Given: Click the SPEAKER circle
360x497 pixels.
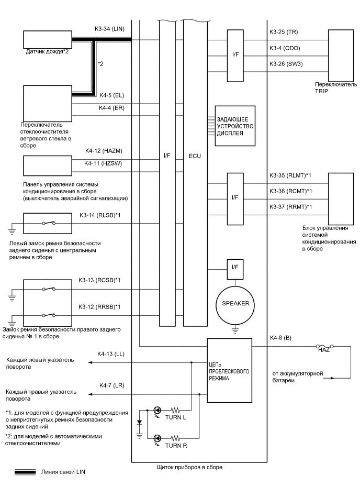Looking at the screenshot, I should click(x=235, y=303).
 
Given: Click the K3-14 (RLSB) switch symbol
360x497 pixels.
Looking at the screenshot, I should click(x=48, y=223).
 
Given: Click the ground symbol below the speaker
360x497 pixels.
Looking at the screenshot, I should click(x=235, y=329).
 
